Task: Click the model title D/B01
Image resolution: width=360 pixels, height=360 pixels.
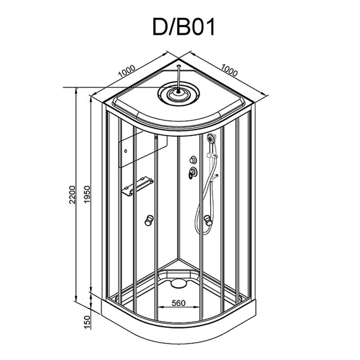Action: (x=184, y=27)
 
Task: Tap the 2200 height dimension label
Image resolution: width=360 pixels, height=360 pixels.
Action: (x=72, y=195)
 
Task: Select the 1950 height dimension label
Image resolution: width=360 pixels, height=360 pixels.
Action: (x=88, y=195)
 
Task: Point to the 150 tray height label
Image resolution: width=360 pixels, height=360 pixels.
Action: (x=88, y=322)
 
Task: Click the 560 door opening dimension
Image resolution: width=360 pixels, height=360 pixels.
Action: (x=178, y=303)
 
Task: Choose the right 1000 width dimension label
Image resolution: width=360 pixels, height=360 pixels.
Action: (x=229, y=70)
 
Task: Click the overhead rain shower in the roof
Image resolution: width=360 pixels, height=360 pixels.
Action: (x=178, y=94)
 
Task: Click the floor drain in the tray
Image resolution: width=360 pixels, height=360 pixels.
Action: (x=178, y=283)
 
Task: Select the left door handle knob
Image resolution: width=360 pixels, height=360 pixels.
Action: (x=149, y=220)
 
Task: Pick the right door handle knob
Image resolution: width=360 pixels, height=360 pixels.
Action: (x=208, y=220)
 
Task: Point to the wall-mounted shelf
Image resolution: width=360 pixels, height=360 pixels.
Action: (x=138, y=186)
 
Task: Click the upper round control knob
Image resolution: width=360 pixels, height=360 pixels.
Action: (x=193, y=159)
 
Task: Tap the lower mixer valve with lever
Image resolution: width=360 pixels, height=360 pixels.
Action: (x=193, y=172)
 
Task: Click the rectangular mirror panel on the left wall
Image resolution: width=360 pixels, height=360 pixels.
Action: (x=143, y=149)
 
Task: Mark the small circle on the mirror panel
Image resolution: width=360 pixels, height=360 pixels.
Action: (x=126, y=151)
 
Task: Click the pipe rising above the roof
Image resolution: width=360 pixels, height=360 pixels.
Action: (x=178, y=78)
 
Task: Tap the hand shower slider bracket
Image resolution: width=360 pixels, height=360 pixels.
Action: (x=211, y=156)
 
